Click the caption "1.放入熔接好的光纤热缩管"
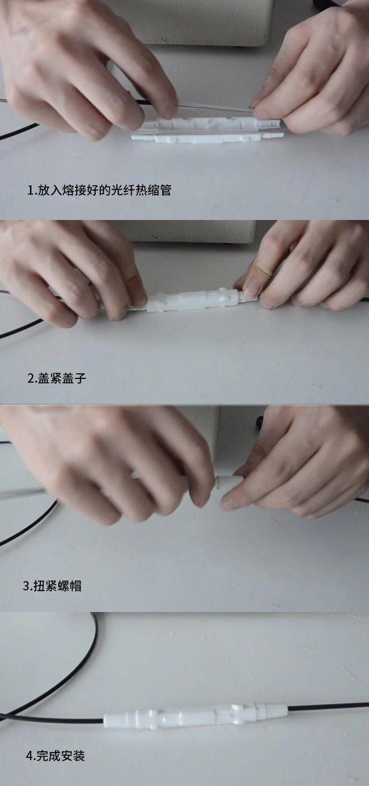tap(99, 190)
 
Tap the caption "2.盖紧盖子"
tap(57, 378)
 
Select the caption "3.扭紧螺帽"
tap(52, 586)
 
